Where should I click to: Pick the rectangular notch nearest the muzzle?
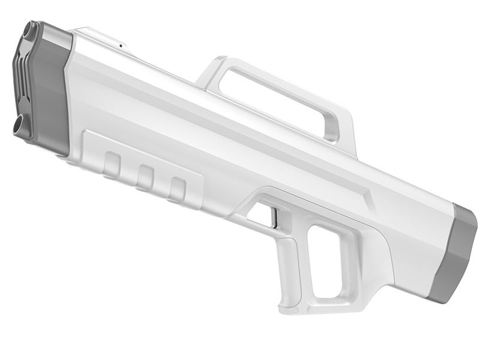112,164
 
